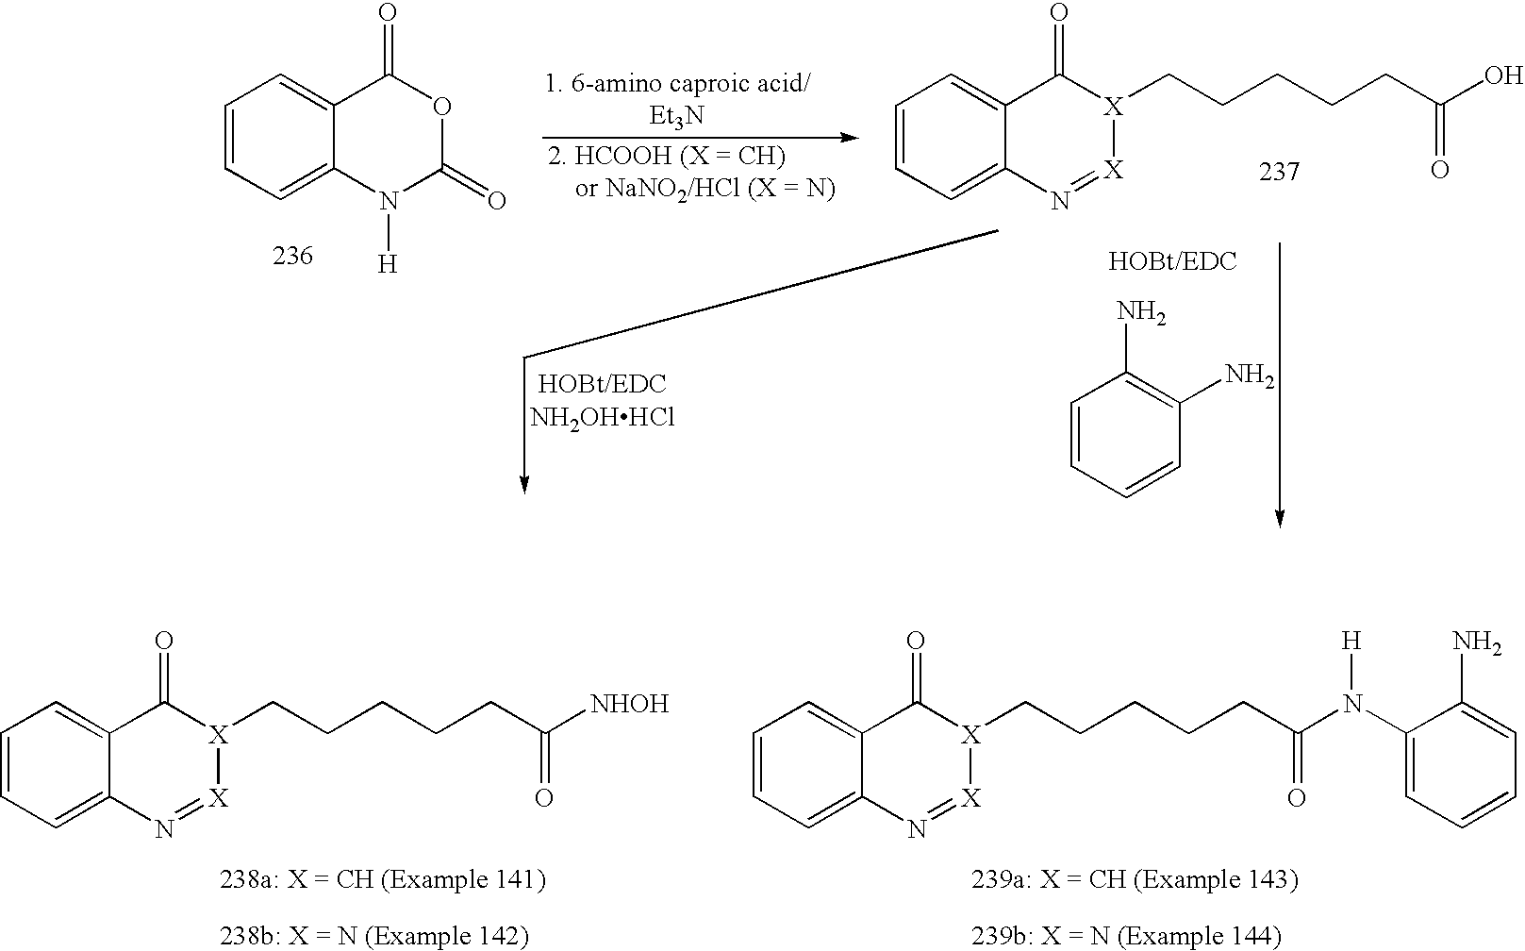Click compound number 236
(292, 256)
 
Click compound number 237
(1278, 172)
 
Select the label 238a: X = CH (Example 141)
(382, 880)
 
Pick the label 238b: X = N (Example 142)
(373, 936)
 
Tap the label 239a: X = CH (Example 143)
(1135, 880)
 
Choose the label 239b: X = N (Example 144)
(1126, 936)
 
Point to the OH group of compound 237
(1502, 75)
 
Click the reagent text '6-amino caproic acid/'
(679, 83)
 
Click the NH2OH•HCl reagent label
(603, 418)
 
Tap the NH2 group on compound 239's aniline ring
(1477, 643)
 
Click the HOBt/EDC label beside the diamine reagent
(1171, 262)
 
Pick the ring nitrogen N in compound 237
(1061, 201)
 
